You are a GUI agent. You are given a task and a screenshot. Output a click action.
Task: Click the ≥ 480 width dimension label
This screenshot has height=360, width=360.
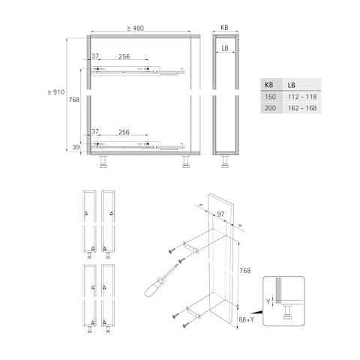(x=136, y=28)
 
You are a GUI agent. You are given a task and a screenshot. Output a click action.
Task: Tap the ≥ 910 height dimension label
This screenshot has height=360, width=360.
(x=56, y=92)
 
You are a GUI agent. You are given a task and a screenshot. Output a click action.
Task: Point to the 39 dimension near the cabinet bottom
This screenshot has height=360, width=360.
(x=76, y=147)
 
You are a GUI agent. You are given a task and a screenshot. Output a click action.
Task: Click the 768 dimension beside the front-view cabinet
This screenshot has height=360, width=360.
(x=74, y=100)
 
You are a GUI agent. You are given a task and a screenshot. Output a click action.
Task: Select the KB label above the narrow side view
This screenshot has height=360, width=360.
(x=224, y=28)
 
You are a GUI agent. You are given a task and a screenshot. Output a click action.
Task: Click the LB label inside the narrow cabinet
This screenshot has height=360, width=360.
(x=225, y=48)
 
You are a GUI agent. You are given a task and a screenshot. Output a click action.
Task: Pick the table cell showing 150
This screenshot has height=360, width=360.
(x=270, y=97)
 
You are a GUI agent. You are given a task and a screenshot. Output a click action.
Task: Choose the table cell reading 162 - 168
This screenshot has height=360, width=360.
(x=302, y=108)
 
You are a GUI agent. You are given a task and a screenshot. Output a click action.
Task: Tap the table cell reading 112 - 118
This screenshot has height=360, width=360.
(x=302, y=97)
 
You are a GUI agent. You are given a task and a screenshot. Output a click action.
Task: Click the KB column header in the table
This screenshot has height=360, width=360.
(x=268, y=85)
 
